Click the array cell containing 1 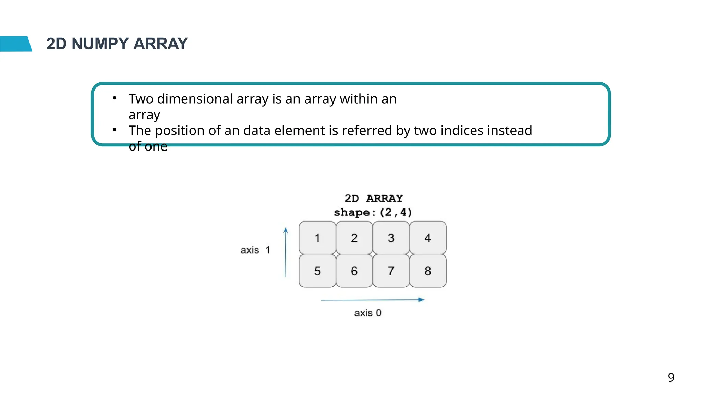317,238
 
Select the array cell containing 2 354,238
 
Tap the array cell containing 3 391,238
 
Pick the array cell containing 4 428,238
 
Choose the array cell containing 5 317,271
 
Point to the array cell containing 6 354,271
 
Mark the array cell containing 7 391,271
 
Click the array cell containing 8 428,271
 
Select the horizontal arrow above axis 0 373,300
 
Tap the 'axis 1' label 255,250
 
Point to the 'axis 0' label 368,313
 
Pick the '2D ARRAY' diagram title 373,198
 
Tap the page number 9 671,377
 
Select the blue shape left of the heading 15,44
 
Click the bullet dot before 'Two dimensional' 114,98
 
